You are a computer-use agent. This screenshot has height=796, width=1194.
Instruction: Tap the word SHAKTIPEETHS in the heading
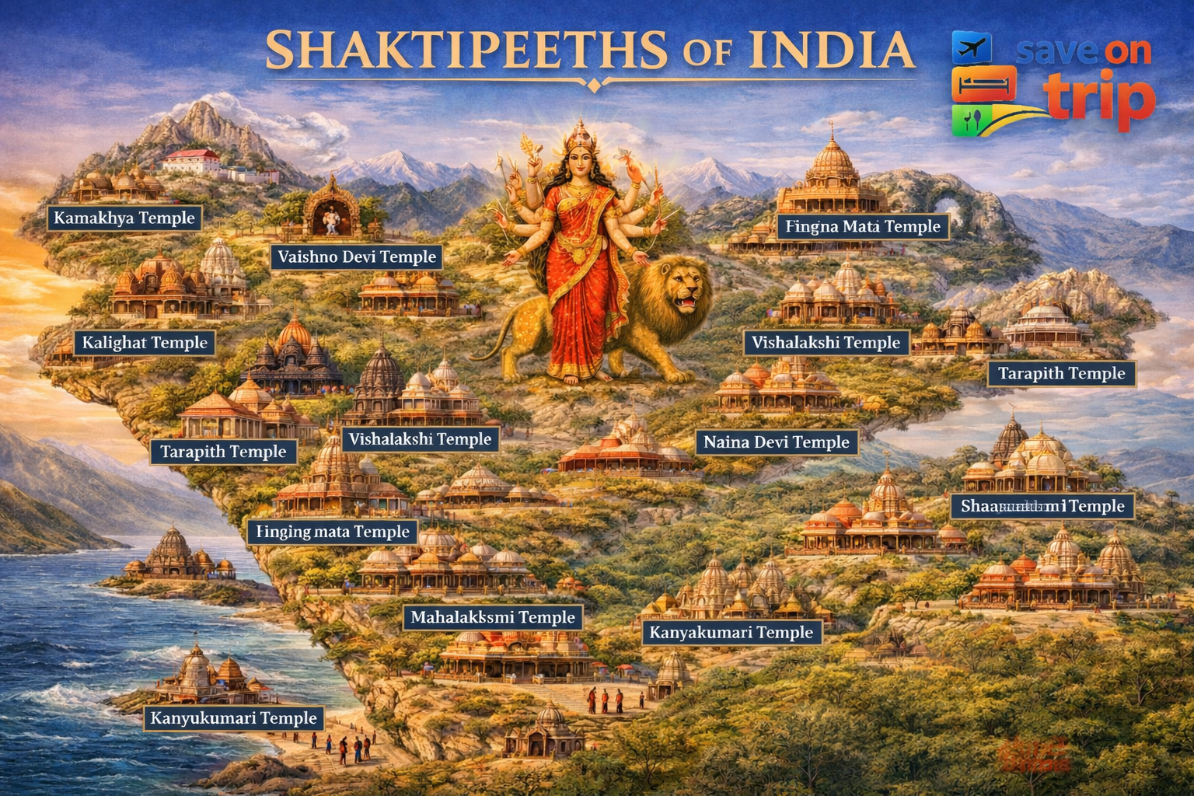pyautogui.click(x=466, y=51)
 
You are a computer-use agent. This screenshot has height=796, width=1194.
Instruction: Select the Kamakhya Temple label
pyautogui.click(x=124, y=218)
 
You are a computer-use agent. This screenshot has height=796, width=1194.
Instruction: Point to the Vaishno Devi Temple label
pyautogui.click(x=357, y=257)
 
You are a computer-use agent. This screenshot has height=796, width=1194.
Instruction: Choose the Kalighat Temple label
pyautogui.click(x=145, y=343)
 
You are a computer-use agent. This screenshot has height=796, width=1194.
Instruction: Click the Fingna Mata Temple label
pyautogui.click(x=862, y=227)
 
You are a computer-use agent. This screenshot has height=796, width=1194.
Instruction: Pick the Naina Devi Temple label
pyautogui.click(x=776, y=442)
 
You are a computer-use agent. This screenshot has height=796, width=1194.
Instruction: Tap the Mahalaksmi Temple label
pyautogui.click(x=493, y=618)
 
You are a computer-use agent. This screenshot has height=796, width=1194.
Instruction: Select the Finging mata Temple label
pyautogui.click(x=333, y=532)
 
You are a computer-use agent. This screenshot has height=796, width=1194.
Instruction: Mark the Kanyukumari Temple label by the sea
pyautogui.click(x=233, y=718)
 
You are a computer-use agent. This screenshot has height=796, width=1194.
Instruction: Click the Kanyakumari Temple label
pyautogui.click(x=731, y=633)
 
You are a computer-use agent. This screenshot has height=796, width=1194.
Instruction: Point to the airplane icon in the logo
pyautogui.click(x=972, y=47)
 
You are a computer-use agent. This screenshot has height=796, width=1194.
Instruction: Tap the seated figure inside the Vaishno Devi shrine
pyautogui.click(x=332, y=219)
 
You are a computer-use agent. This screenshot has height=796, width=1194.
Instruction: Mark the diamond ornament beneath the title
pyautogui.click(x=593, y=85)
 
